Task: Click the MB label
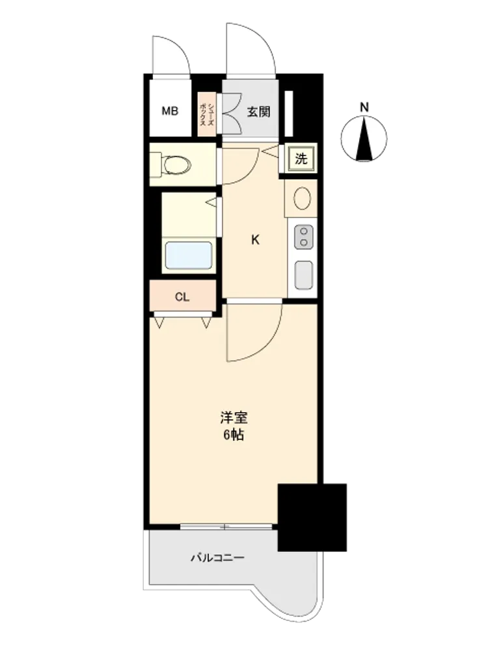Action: click(170, 111)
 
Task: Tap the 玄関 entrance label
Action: click(258, 112)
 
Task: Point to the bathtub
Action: click(189, 255)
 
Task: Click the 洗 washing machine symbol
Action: click(301, 158)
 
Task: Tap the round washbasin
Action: click(302, 199)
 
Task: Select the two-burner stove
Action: click(304, 237)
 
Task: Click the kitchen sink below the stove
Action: click(304, 274)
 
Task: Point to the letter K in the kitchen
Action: click(256, 240)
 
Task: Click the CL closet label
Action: click(182, 298)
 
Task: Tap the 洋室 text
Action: click(234, 418)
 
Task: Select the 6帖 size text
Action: click(234, 435)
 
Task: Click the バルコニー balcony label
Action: click(217, 557)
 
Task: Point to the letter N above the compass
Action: click(364, 107)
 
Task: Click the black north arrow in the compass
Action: click(364, 139)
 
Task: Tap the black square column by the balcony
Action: click(312, 518)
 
